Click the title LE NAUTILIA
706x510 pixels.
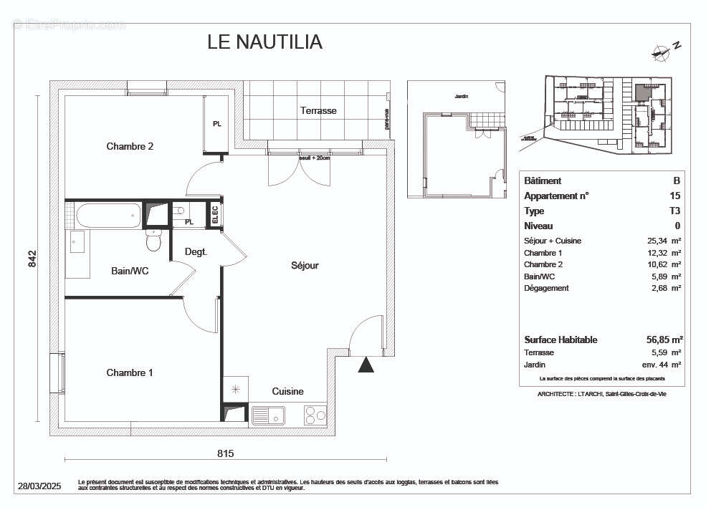264,42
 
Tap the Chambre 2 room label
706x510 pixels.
130,146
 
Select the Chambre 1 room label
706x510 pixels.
130,372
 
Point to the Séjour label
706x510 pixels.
305,265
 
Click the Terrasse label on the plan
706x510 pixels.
318,110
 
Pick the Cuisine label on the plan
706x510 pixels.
287,391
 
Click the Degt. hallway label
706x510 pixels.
196,252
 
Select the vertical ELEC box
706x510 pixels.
214,214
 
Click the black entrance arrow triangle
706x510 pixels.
366,365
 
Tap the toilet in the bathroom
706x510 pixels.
153,241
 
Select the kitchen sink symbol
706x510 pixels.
268,415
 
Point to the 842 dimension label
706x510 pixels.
32,259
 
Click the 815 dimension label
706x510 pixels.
225,453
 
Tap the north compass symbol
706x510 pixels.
664,49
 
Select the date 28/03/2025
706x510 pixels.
40,486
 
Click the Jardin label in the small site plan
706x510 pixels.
461,96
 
